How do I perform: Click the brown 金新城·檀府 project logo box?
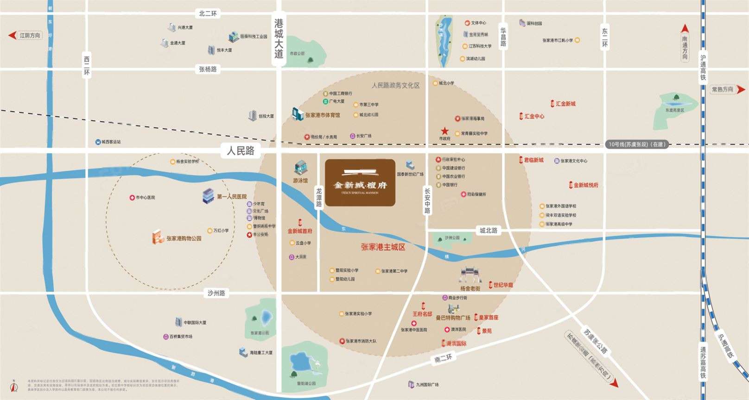[360, 182]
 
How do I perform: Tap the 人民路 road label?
[240, 151]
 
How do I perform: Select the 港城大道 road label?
[278, 39]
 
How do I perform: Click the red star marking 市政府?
[444, 131]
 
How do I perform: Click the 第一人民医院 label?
[231, 197]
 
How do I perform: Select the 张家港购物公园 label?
[184, 238]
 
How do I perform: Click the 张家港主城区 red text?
[383, 247]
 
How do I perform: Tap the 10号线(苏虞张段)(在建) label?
[636, 144]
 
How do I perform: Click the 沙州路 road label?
[216, 293]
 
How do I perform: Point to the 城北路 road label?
[488, 230]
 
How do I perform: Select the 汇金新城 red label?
[565, 104]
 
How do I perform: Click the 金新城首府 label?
[299, 231]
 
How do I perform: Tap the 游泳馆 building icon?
[300, 168]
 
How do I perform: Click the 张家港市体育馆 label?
[322, 115]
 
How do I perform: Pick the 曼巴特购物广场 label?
[453, 318]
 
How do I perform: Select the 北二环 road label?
[208, 13]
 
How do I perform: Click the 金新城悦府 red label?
[586, 185]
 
